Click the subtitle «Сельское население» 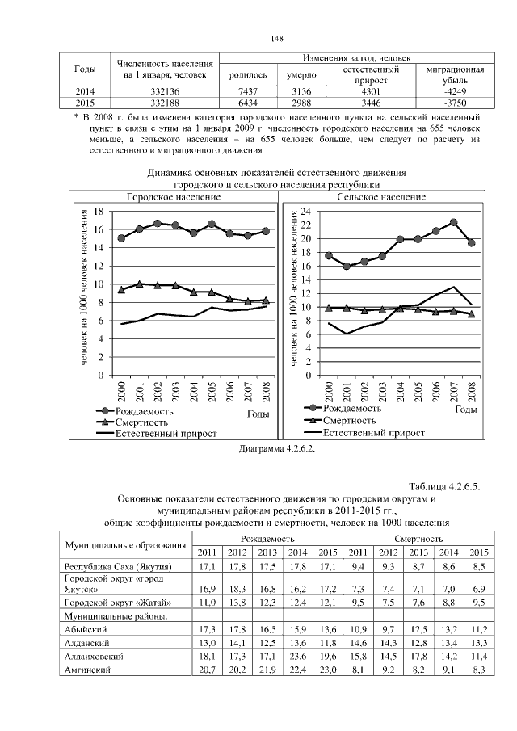click(380, 196)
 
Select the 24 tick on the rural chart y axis click(305, 211)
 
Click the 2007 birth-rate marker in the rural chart click(454, 222)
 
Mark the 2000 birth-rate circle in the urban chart click(121, 238)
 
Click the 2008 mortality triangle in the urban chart click(266, 300)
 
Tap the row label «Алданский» click(86, 642)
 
